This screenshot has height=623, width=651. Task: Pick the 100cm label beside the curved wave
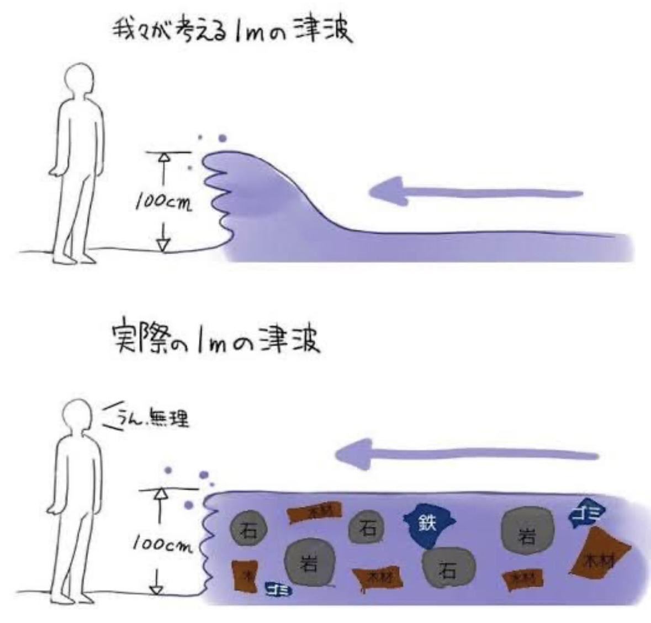(x=164, y=203)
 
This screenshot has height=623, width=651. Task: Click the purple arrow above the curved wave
(x=475, y=193)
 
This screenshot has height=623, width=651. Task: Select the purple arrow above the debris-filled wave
(x=467, y=455)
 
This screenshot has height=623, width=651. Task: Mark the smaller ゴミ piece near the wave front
(x=278, y=589)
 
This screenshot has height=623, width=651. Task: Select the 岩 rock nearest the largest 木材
(x=527, y=532)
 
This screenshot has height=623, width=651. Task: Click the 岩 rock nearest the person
(x=310, y=562)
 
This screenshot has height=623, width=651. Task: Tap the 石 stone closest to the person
(x=248, y=530)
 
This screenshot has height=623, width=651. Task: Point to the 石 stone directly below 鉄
(x=448, y=568)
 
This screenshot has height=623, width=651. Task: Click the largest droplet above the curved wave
(x=223, y=138)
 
